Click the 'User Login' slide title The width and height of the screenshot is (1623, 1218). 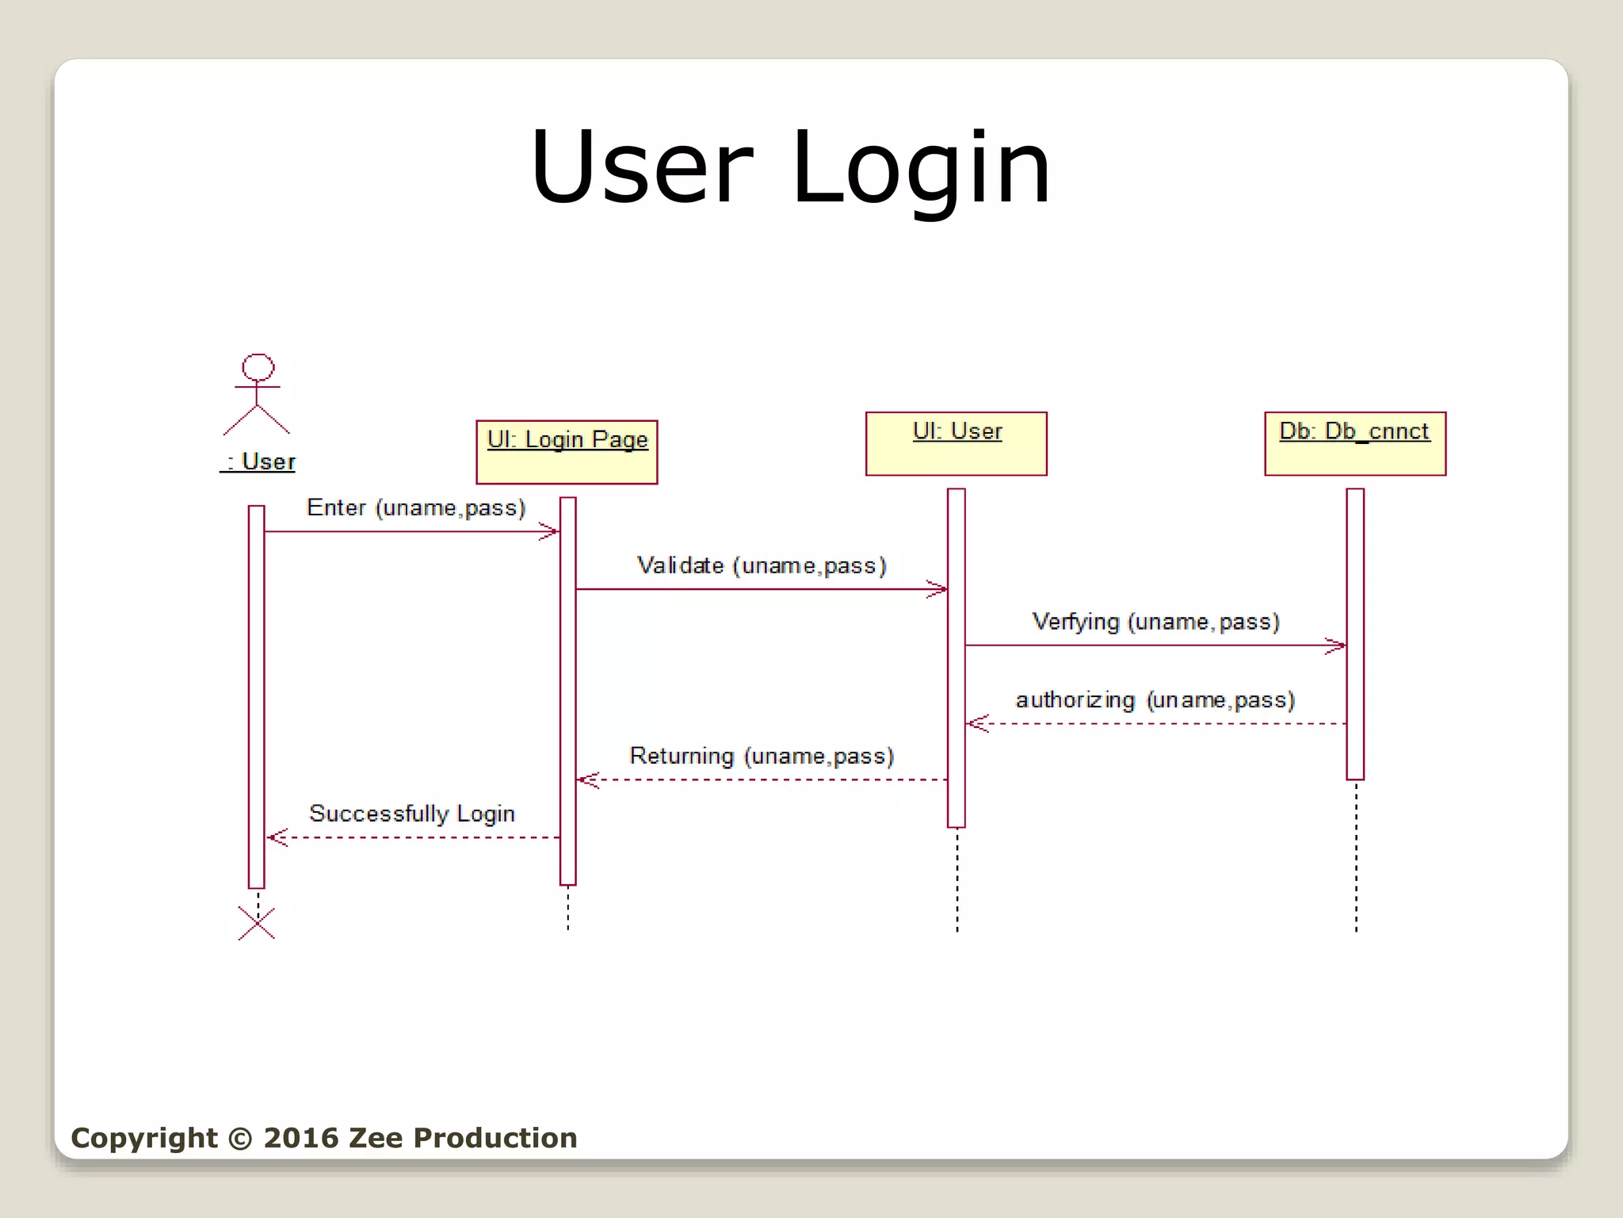pos(790,168)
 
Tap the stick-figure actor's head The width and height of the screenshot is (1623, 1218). pos(258,367)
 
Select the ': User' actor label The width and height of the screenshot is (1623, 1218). pos(258,462)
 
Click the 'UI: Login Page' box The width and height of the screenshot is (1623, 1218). pos(567,452)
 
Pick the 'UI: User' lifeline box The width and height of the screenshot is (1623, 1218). pos(956,443)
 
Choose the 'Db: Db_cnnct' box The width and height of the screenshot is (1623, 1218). pos(1354,443)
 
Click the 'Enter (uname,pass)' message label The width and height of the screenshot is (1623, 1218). pos(416,507)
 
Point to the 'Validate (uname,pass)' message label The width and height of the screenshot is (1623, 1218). pos(762,565)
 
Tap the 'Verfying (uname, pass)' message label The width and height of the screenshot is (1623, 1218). pos(1155,622)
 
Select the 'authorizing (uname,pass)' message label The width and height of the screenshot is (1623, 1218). pos(1155,700)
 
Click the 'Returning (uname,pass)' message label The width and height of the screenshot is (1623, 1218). pos(762,756)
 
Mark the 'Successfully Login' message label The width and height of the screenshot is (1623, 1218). pos(412,814)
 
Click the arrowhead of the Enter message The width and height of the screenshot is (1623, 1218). pos(551,531)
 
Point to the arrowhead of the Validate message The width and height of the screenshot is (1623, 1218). pos(939,589)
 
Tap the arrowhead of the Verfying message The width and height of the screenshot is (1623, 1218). pos(1338,645)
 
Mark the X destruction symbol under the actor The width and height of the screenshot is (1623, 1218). pos(257,924)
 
